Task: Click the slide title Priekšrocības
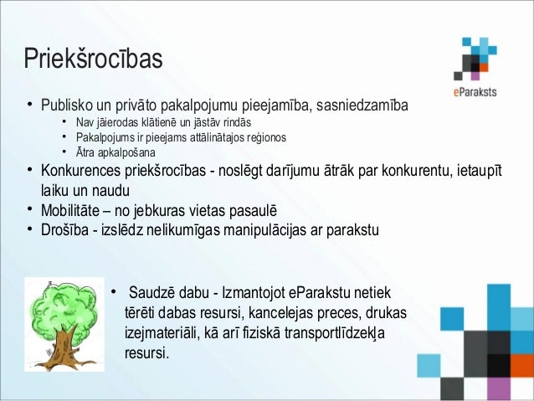pyautogui.click(x=92, y=60)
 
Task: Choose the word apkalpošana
pyautogui.click(x=126, y=152)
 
